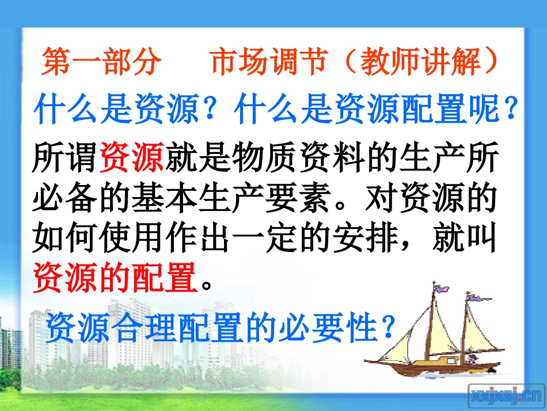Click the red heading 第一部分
pyautogui.click(x=101, y=63)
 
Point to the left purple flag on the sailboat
pyautogui.click(x=442, y=288)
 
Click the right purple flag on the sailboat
pyautogui.click(x=477, y=299)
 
